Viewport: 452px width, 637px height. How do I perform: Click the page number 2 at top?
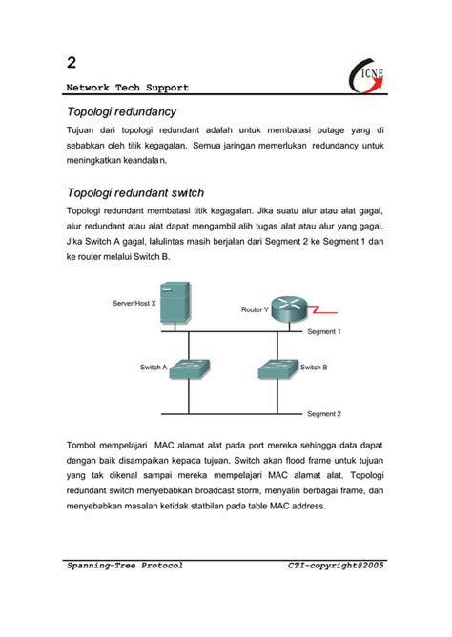pyautogui.click(x=72, y=63)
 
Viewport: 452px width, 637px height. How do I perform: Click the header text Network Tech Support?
pyautogui.click(x=128, y=88)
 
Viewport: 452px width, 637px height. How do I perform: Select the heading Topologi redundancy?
pyautogui.click(x=121, y=112)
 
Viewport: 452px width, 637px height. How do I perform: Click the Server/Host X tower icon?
pyautogui.click(x=174, y=303)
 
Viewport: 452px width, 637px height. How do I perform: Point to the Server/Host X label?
pyautogui.click(x=134, y=305)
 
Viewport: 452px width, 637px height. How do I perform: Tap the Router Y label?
pyautogui.click(x=255, y=310)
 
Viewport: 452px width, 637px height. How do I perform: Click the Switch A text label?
pyautogui.click(x=154, y=367)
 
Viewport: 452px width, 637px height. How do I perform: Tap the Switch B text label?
pyautogui.click(x=314, y=367)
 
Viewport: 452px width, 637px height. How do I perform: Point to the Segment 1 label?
pyautogui.click(x=323, y=332)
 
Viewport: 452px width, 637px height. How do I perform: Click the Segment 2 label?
pyautogui.click(x=323, y=414)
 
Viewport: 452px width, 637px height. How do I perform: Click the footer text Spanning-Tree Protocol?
pyautogui.click(x=124, y=566)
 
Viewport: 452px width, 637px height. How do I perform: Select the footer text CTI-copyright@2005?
pyautogui.click(x=336, y=566)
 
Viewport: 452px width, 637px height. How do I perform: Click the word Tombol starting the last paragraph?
pyautogui.click(x=85, y=445)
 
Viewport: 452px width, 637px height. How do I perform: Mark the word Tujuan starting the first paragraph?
pyautogui.click(x=84, y=130)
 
